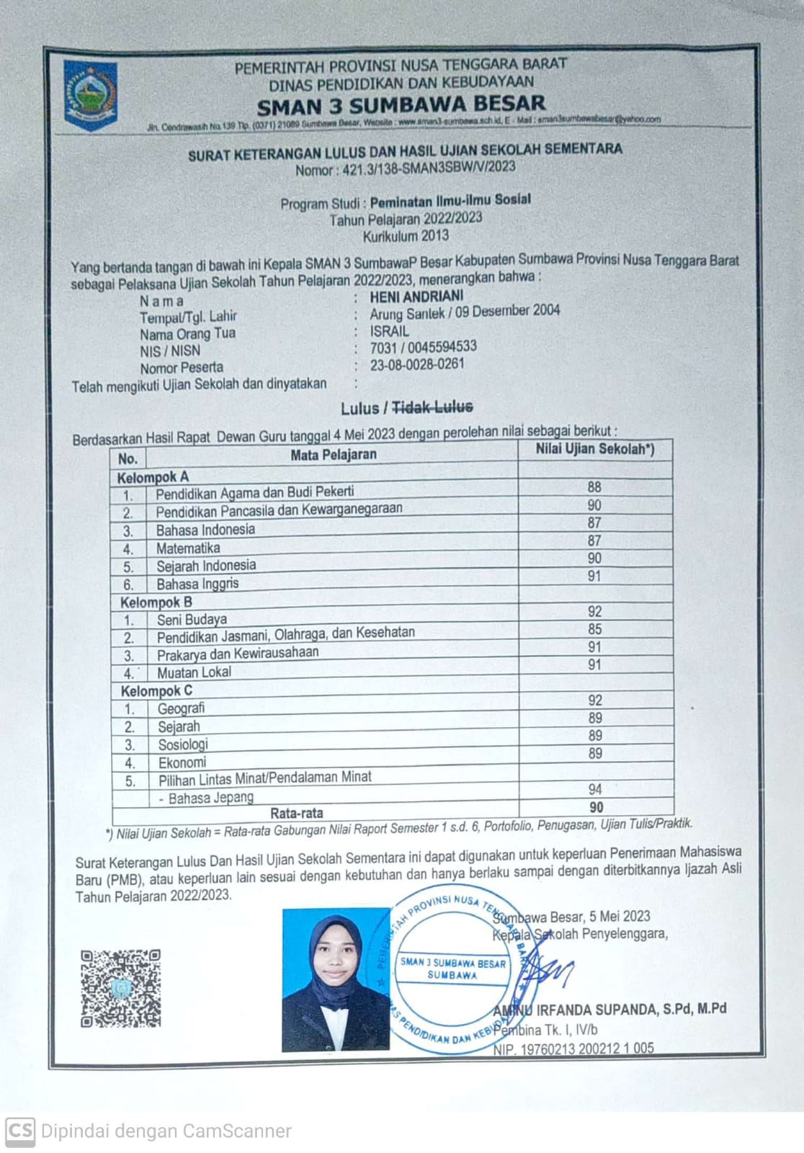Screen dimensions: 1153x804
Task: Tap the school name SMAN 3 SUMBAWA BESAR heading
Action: click(401, 105)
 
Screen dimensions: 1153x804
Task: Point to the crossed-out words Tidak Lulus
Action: click(432, 407)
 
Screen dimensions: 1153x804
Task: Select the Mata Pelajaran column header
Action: click(333, 455)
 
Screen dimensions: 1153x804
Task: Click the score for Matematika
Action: click(594, 540)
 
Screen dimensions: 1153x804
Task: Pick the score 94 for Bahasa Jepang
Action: click(595, 789)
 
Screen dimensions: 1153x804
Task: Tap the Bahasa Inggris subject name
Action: click(197, 583)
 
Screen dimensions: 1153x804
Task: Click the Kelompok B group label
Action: click(156, 602)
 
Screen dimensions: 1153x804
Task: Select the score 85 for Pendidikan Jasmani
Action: click(594, 629)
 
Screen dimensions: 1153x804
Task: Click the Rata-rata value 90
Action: click(596, 807)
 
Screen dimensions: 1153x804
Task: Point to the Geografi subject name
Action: click(181, 708)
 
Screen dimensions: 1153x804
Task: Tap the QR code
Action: click(120, 987)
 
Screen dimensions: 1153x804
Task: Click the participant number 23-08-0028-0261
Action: click(417, 365)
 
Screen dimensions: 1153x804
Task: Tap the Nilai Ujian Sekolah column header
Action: click(595, 449)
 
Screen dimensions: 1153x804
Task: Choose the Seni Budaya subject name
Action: click(192, 619)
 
